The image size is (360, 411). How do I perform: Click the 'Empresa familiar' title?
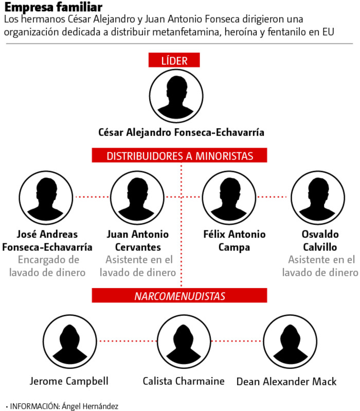[53, 8]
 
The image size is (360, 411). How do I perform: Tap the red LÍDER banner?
[174, 60]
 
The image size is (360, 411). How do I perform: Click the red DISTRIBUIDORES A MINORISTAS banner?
[180, 156]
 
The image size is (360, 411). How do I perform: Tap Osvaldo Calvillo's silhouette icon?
[318, 196]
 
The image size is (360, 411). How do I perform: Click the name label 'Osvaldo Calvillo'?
[320, 241]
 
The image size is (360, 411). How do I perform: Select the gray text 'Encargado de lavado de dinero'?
[47, 266]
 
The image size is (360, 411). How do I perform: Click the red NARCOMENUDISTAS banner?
[180, 296]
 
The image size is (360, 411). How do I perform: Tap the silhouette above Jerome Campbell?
[69, 341]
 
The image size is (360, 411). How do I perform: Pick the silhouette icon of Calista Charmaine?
[184, 341]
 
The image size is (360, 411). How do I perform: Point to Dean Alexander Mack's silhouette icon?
[286, 341]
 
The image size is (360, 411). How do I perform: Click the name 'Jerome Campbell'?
[69, 381]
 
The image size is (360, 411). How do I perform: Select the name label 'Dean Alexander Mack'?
[286, 382]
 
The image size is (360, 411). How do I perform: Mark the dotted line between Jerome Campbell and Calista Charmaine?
[126, 341]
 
